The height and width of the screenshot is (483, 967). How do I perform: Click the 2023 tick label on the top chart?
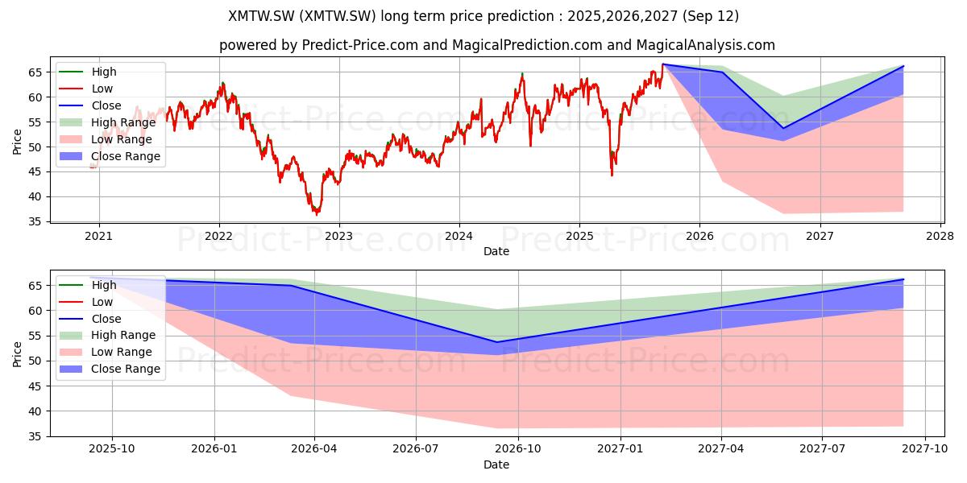[x=339, y=237]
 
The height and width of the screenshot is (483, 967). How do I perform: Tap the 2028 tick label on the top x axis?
[x=940, y=237]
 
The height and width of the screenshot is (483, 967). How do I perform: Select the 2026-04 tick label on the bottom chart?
[x=314, y=449]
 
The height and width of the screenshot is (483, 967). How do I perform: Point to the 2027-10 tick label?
[x=925, y=449]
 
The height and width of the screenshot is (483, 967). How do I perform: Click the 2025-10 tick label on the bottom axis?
[x=112, y=449]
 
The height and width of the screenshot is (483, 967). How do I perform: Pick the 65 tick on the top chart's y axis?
[x=35, y=72]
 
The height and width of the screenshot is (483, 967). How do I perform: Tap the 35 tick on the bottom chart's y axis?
[x=35, y=436]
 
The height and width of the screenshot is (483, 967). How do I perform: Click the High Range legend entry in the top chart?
[x=107, y=122]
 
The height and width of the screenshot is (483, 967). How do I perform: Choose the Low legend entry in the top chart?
[x=86, y=89]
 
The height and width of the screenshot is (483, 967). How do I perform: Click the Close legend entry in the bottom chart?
[x=90, y=319]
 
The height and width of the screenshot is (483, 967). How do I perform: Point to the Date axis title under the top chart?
[x=496, y=251]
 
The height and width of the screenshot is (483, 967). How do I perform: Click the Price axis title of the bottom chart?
[x=17, y=354]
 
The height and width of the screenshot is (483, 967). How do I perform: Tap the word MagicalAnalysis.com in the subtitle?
[x=705, y=45]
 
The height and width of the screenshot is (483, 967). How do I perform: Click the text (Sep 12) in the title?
[x=711, y=16]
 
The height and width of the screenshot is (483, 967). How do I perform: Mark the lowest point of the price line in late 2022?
[x=317, y=214]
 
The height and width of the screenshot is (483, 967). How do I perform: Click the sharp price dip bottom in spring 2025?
[x=612, y=175]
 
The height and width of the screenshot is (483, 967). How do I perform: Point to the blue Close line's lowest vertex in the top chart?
[x=783, y=128]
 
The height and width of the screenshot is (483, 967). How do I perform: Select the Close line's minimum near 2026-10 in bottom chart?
[x=496, y=342]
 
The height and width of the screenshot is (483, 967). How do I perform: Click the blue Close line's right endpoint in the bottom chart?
[x=903, y=279]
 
